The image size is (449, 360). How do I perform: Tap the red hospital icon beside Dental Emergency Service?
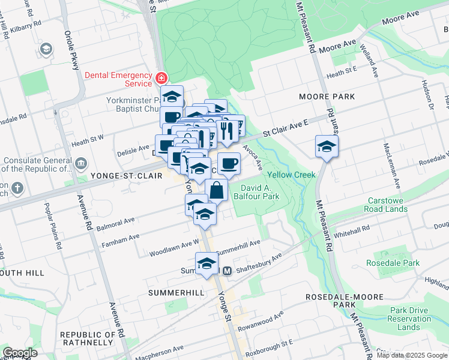(x=160, y=78)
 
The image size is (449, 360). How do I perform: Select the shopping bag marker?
(x=217, y=190)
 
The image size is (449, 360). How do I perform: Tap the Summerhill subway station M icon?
(x=228, y=271)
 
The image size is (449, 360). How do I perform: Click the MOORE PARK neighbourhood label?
(x=328, y=96)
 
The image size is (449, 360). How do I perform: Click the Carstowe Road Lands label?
(x=385, y=205)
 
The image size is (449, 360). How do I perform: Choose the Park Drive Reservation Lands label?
(x=409, y=319)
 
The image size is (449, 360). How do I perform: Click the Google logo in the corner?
(x=20, y=353)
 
